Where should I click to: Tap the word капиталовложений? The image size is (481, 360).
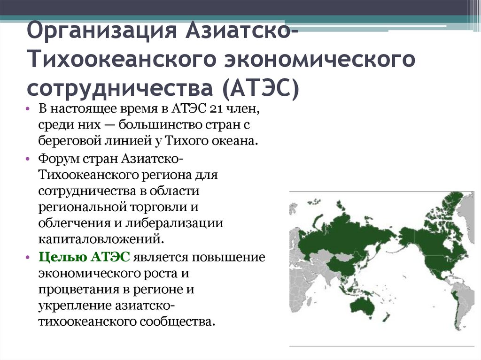pyautogui.click(x=102, y=238)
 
